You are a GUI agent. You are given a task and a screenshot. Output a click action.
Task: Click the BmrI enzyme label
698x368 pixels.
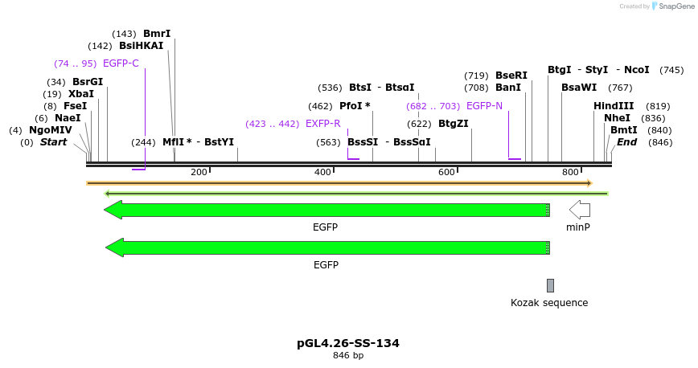click(157, 34)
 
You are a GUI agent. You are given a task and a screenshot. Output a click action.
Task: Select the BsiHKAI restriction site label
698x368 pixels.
click(141, 46)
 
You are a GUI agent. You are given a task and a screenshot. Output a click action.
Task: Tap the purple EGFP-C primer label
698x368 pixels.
click(121, 63)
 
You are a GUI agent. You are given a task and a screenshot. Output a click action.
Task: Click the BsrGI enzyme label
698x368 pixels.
click(88, 82)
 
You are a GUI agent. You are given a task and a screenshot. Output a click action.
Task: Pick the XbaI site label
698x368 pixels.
click(81, 94)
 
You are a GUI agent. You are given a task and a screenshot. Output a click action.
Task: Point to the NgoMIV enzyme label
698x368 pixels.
click(51, 130)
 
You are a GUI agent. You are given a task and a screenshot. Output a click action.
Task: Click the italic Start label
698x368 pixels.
click(54, 142)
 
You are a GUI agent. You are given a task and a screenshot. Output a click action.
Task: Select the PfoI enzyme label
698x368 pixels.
click(355, 106)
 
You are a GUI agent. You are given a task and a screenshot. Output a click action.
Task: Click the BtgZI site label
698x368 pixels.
click(454, 124)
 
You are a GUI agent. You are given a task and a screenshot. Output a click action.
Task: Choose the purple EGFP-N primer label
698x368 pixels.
click(484, 106)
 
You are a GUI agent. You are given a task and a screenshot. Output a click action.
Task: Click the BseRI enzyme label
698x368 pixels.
click(511, 76)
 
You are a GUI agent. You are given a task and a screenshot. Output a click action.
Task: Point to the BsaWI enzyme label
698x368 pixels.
click(579, 88)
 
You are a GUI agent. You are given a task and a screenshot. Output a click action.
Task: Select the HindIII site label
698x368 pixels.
click(614, 106)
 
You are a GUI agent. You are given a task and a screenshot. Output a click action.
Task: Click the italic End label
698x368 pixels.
click(627, 142)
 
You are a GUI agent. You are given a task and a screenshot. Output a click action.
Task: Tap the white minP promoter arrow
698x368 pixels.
click(579, 210)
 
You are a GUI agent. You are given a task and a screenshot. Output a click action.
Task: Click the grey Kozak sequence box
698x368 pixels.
click(550, 285)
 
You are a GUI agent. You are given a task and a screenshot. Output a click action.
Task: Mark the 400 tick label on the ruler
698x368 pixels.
click(323, 172)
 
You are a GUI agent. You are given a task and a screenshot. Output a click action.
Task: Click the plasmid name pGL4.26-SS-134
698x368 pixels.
click(348, 343)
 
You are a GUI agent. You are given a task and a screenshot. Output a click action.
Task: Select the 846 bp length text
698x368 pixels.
click(348, 355)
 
